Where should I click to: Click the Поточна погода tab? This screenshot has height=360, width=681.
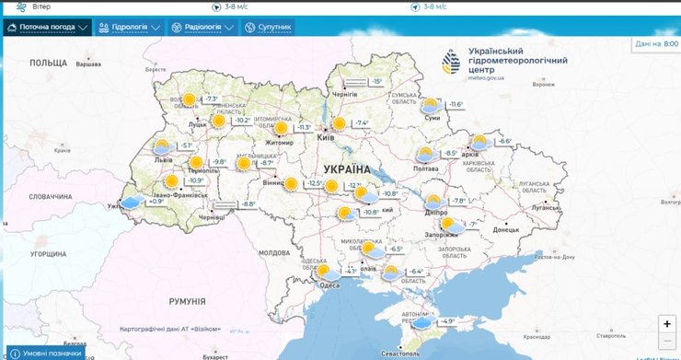click(47, 28)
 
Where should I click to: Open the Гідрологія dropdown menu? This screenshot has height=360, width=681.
click(129, 28)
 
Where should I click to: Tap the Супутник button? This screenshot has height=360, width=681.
click(268, 28)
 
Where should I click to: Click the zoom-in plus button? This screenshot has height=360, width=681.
click(667, 323)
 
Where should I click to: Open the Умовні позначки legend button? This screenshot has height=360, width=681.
click(46, 354)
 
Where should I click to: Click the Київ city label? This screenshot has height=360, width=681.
click(326, 138)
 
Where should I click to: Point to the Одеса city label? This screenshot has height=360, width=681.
click(329, 285)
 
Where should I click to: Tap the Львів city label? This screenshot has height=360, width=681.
click(163, 159)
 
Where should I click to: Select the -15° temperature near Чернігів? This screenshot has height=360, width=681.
click(376, 82)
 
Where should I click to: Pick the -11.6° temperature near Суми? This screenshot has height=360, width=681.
click(456, 105)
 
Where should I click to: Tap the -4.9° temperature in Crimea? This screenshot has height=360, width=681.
click(447, 321)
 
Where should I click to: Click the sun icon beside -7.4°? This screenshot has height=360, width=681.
click(339, 123)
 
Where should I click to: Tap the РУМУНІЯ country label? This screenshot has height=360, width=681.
click(187, 301)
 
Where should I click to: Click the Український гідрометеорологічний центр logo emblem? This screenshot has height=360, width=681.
click(451, 62)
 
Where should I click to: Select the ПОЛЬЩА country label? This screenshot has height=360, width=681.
click(50, 62)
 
